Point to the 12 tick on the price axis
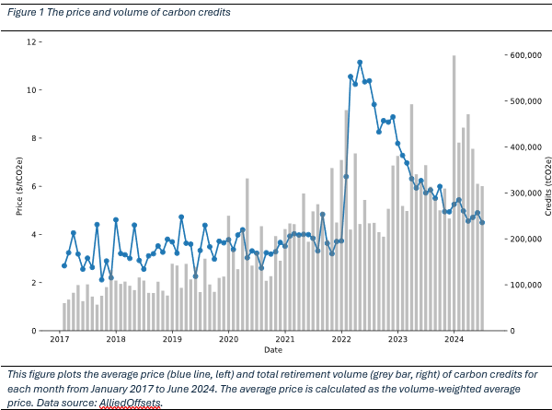(33, 42)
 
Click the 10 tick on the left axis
(33, 90)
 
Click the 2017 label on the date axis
(60, 339)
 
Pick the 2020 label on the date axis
(228, 339)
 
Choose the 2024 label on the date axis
(454, 339)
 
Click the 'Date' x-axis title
(273, 350)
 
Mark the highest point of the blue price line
(360, 63)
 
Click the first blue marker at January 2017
(63, 265)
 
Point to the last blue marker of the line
(482, 222)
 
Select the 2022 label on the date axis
(341, 339)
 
